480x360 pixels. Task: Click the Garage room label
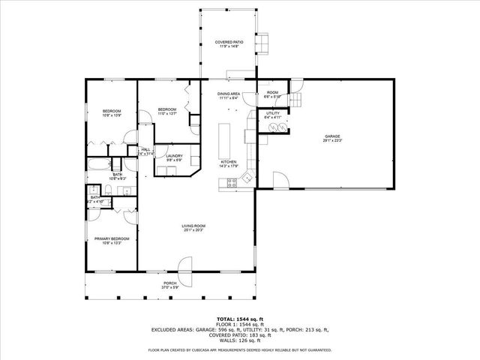[x=331, y=136]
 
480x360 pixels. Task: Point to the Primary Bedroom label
[x=107, y=238]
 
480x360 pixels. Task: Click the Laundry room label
[x=174, y=156]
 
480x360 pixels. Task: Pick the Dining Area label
[x=228, y=94]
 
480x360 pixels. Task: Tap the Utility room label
[x=273, y=113]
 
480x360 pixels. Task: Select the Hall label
[x=145, y=149]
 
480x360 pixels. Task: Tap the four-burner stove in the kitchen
[x=232, y=181]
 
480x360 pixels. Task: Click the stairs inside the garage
[x=298, y=100]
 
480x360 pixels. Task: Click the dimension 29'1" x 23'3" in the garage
[x=331, y=140]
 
